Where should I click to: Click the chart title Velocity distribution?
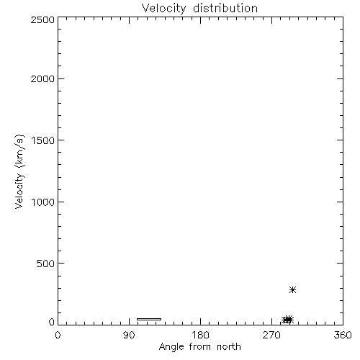(x=199, y=8)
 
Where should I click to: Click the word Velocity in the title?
(x=163, y=8)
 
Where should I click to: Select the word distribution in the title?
(x=225, y=8)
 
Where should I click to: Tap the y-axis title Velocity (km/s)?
(x=19, y=171)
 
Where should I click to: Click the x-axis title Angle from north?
(x=199, y=347)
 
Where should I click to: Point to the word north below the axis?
(x=229, y=346)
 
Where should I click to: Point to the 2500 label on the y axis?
(x=42, y=19)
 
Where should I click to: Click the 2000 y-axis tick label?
(x=42, y=78)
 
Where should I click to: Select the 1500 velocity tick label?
(x=43, y=140)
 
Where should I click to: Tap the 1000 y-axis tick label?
(x=43, y=202)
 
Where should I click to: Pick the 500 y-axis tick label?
(x=46, y=264)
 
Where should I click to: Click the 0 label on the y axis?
(x=52, y=322)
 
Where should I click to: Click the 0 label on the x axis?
(x=58, y=335)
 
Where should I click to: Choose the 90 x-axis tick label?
(x=129, y=335)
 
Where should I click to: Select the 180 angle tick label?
(x=199, y=335)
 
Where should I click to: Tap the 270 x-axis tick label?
(x=271, y=335)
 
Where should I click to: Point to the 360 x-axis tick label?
(x=343, y=335)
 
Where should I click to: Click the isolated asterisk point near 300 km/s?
(x=292, y=289)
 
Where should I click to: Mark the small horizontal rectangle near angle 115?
(x=149, y=319)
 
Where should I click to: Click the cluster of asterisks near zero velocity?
(x=287, y=320)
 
